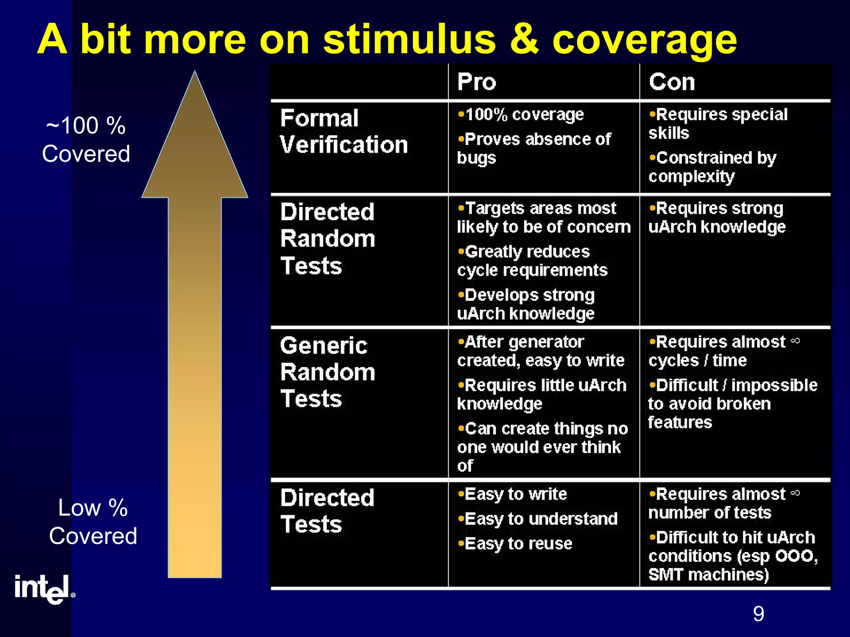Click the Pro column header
[476, 82]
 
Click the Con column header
[672, 82]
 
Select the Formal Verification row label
[344, 131]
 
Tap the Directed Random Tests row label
[328, 239]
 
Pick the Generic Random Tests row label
[328, 372]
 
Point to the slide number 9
[758, 614]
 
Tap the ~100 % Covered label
[86, 139]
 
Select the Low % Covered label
[93, 522]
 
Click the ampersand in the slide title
[524, 39]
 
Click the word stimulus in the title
[409, 39]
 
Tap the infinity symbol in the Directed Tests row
[795, 493]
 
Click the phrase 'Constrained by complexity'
[712, 167]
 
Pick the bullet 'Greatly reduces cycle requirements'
[532, 261]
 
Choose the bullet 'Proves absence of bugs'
[534, 148]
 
